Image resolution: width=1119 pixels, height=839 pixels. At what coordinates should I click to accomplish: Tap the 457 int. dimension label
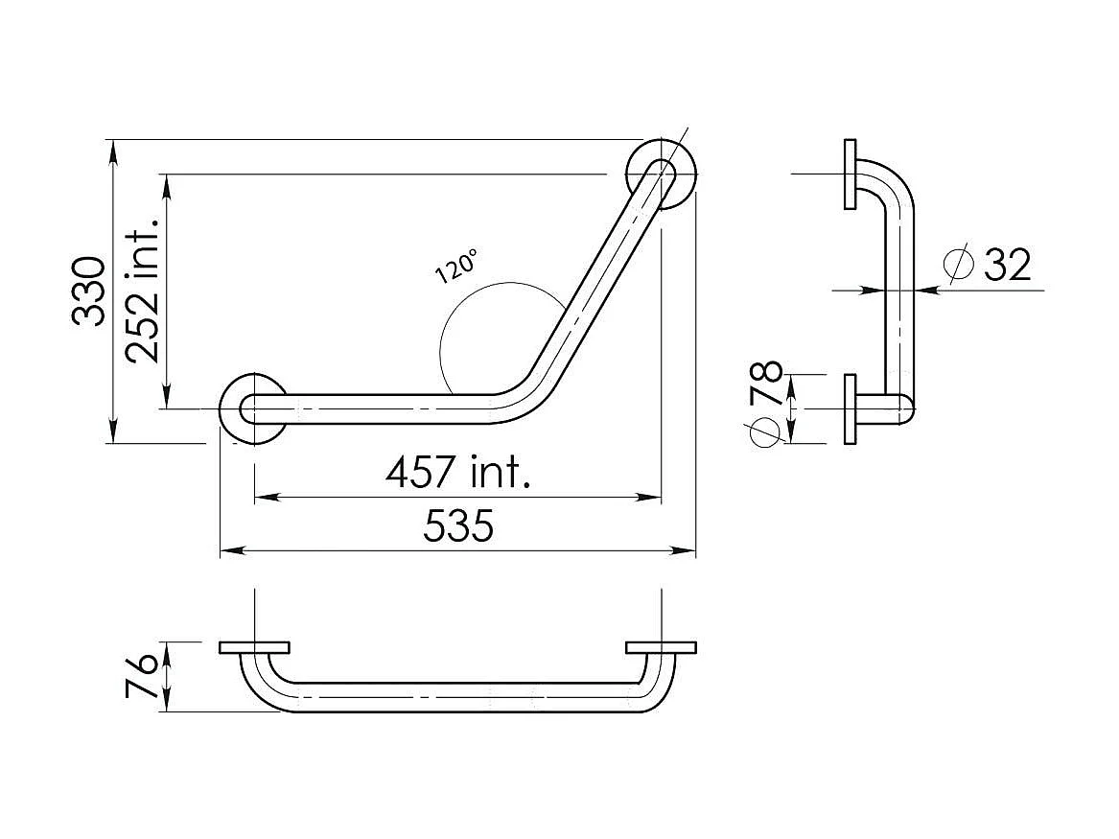tap(457, 472)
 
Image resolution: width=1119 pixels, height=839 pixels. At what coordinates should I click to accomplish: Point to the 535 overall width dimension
tap(458, 526)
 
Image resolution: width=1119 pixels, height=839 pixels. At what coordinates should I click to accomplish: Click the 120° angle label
tap(455, 266)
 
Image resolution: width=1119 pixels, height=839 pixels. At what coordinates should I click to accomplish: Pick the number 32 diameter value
tap(1007, 264)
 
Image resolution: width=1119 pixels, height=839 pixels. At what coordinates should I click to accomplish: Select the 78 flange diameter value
tap(768, 385)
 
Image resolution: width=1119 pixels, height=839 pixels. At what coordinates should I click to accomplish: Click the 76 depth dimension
tap(142, 677)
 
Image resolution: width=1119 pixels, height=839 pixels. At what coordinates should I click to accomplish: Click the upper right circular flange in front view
tap(662, 175)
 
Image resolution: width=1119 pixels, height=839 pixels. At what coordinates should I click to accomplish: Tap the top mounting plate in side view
tap(850, 175)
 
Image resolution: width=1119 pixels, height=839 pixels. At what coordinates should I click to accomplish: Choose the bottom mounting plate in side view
tap(850, 408)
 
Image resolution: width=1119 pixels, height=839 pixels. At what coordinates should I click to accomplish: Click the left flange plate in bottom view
tap(254, 647)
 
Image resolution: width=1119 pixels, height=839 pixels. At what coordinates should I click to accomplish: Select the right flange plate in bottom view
tap(661, 647)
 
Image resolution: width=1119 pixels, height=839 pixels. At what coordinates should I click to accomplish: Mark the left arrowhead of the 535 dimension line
tap(228, 550)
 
